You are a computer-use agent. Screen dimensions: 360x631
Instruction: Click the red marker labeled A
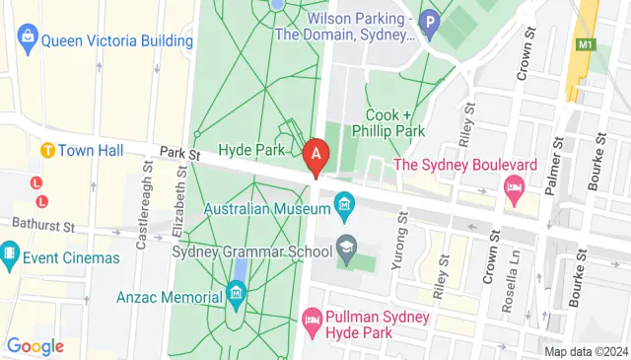[315, 156]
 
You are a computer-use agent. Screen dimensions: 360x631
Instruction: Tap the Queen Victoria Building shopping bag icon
[27, 40]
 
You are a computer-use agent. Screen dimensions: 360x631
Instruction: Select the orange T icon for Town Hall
[46, 150]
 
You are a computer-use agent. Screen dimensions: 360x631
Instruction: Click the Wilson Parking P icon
[429, 20]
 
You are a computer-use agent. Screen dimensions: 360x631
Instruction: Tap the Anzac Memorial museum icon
[236, 293]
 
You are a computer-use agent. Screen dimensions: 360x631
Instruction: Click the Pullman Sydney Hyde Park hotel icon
[313, 319]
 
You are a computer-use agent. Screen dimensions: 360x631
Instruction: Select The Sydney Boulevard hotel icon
[513, 186]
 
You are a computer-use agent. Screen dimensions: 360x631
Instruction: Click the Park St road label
[180, 155]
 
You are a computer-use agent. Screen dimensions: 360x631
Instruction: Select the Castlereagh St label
[143, 221]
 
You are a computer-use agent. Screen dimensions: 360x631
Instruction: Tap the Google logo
[35, 345]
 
